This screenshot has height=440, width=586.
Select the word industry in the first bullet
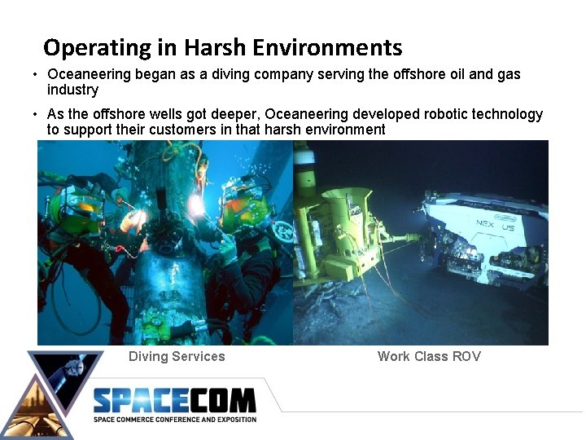click(72, 90)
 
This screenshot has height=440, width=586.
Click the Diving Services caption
click(177, 356)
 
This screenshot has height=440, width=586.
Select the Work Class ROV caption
click(429, 356)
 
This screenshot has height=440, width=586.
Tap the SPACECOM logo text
click(174, 401)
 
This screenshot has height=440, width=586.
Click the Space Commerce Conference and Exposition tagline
click(174, 420)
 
